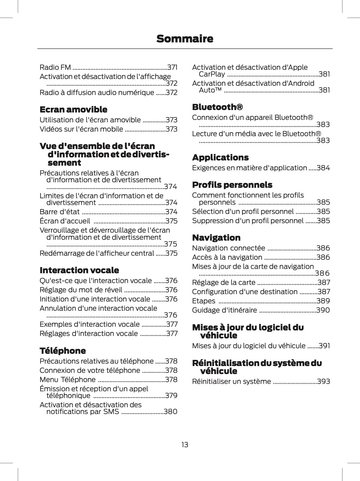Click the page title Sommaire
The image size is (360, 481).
tap(184, 39)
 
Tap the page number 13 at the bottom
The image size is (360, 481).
tap(184, 445)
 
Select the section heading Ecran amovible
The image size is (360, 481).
tap(73, 109)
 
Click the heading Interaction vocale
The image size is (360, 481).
tap(79, 270)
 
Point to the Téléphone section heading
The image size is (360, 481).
tap(63, 351)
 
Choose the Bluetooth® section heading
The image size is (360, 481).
tap(217, 107)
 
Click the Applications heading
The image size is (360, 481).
tap(220, 158)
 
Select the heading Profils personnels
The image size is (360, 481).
tap(232, 185)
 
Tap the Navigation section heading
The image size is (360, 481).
tap(216, 238)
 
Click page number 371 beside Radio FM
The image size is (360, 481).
tap(172, 67)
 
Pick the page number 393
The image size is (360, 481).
tap(323, 381)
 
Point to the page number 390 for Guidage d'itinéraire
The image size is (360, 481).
tap(323, 310)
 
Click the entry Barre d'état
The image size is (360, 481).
tap(60, 212)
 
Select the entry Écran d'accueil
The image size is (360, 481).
tap(65, 221)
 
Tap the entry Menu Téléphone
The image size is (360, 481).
tap(68, 380)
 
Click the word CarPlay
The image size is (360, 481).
tap(212, 74)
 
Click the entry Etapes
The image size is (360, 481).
tap(204, 301)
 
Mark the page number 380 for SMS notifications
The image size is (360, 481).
tap(171, 412)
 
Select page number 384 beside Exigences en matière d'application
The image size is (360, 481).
tap(323, 168)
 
